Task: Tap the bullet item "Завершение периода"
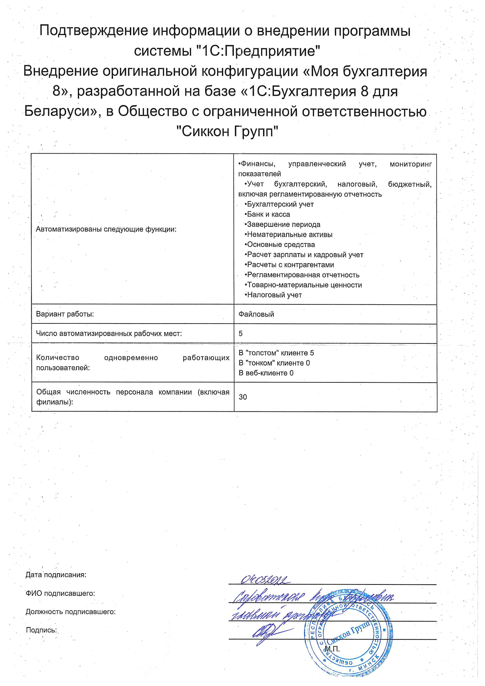click(283, 224)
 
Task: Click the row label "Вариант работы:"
click(65, 314)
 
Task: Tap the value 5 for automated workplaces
click(241, 334)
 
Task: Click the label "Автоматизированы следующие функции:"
click(106, 229)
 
